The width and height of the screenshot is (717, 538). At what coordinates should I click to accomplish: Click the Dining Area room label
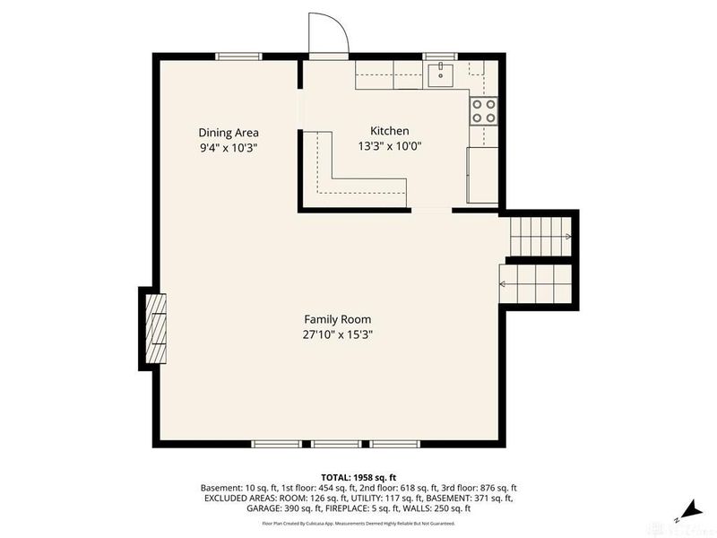228,132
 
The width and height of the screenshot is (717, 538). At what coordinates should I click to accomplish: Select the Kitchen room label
390,131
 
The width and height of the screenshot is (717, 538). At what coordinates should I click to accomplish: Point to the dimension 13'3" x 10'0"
390,146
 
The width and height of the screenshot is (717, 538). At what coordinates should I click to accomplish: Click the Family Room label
337,319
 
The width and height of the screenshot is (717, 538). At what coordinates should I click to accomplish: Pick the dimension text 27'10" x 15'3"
337,334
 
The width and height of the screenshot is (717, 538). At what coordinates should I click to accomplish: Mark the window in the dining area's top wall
238,56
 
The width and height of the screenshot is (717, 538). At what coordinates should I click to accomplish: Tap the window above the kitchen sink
440,56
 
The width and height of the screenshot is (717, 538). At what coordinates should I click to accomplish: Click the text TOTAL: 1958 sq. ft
358,476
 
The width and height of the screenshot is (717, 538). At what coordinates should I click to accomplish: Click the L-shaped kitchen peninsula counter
350,179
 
